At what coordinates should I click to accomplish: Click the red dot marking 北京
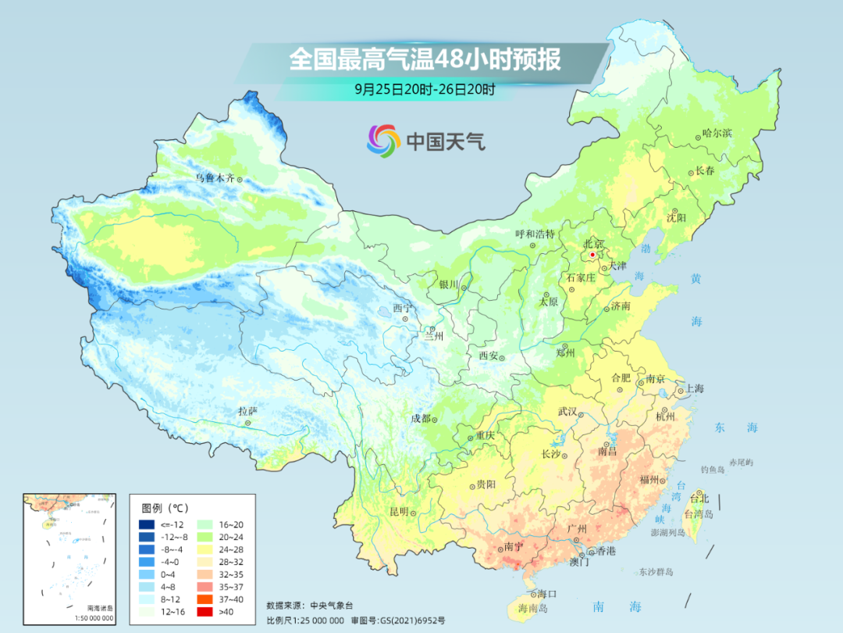coord(592,255)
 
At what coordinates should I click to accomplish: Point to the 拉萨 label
coord(247,411)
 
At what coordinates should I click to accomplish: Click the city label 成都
coord(421,418)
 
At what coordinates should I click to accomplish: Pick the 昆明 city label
coord(399,512)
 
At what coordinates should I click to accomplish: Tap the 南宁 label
coord(514,547)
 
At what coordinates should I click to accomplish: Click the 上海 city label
coord(694,389)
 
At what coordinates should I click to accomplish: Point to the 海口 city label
coord(546,594)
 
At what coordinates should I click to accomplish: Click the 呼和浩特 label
coord(535,234)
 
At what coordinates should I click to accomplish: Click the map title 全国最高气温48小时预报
coord(425,60)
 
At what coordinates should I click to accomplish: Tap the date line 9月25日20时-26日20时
coord(425,89)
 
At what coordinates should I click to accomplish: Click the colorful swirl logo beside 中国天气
coord(383,141)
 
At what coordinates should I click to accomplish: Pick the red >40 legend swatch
coord(206,613)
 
